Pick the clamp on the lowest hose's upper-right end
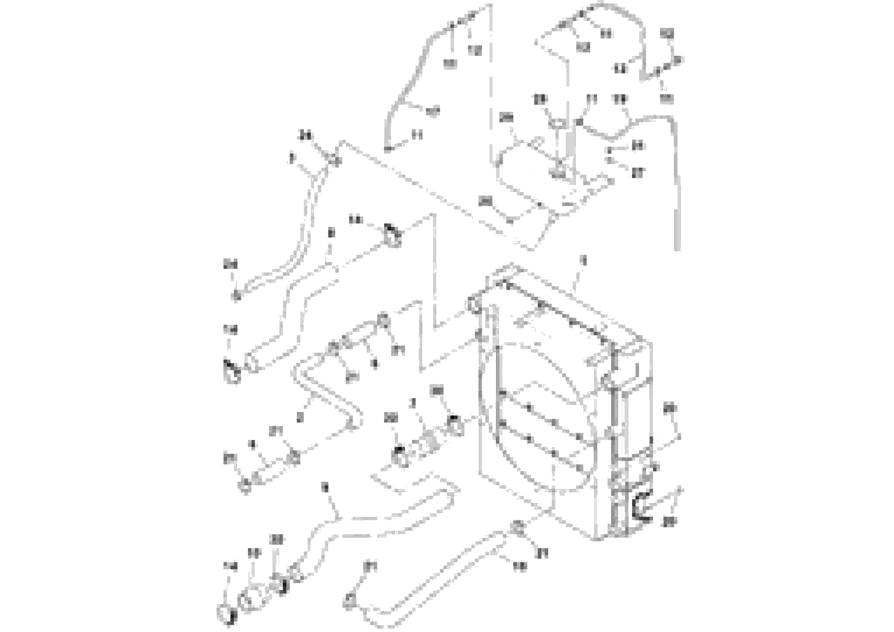coord(518,527)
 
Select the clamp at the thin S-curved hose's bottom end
coord(236,296)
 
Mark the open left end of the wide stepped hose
coord(251,362)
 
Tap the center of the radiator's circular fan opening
coord(545,417)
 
